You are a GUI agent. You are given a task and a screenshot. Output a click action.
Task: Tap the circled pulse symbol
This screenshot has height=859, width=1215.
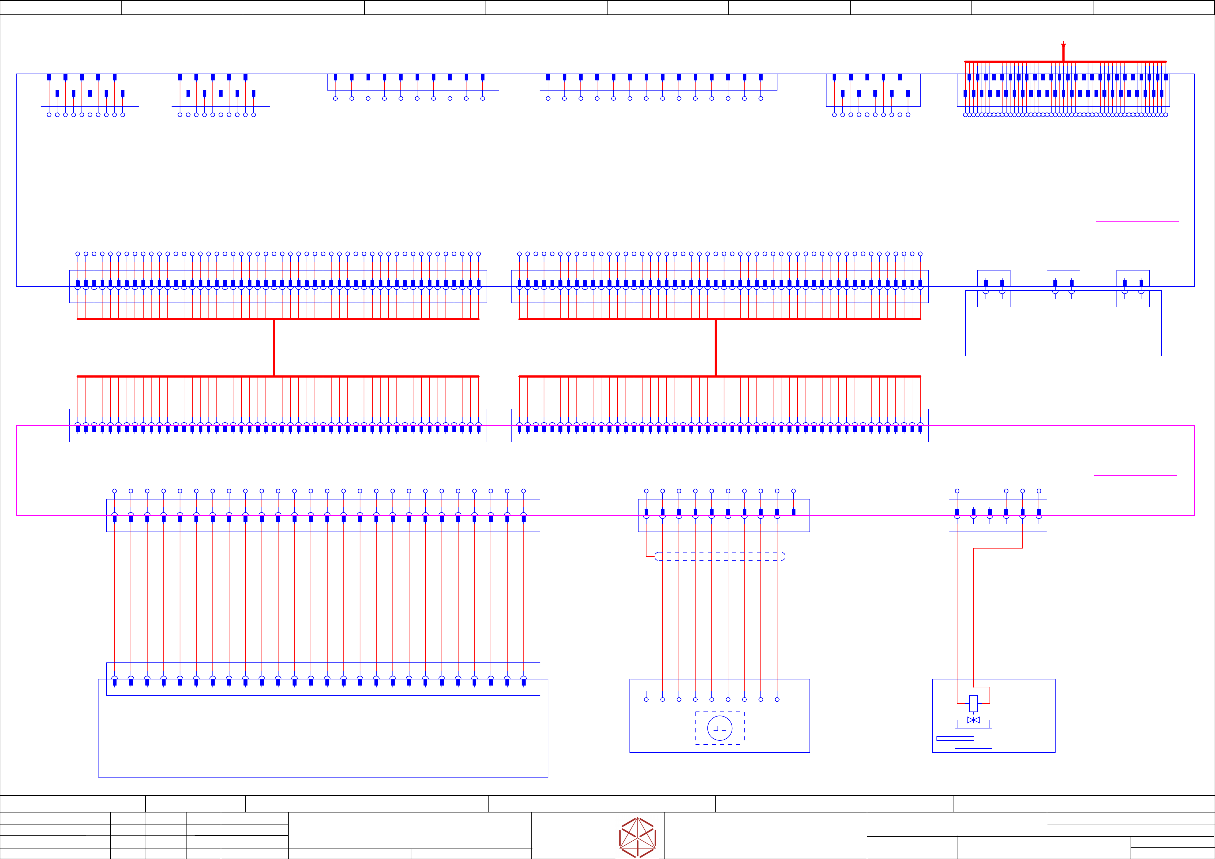(x=720, y=728)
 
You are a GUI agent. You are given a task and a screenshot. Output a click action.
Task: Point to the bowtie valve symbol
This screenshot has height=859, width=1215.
(x=973, y=720)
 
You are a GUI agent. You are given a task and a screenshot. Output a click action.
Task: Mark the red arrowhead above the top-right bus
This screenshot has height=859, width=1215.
(x=1063, y=47)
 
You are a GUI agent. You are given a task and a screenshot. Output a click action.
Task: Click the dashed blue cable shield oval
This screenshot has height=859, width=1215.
(x=720, y=556)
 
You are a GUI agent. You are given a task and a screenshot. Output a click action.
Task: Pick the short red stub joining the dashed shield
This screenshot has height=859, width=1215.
(x=650, y=556)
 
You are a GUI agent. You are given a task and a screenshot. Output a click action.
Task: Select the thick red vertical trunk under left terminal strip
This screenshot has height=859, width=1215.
(x=274, y=348)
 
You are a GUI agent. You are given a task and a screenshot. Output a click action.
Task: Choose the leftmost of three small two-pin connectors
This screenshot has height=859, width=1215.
(x=994, y=288)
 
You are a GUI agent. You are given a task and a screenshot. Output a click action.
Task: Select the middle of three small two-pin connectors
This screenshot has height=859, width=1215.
(x=1063, y=288)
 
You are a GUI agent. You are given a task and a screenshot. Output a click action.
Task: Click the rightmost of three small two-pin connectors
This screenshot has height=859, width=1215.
(x=1133, y=288)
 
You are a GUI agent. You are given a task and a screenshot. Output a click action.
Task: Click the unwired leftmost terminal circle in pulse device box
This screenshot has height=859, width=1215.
(x=646, y=699)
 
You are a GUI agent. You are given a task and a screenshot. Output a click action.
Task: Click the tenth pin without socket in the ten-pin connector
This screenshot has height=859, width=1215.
(x=793, y=512)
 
